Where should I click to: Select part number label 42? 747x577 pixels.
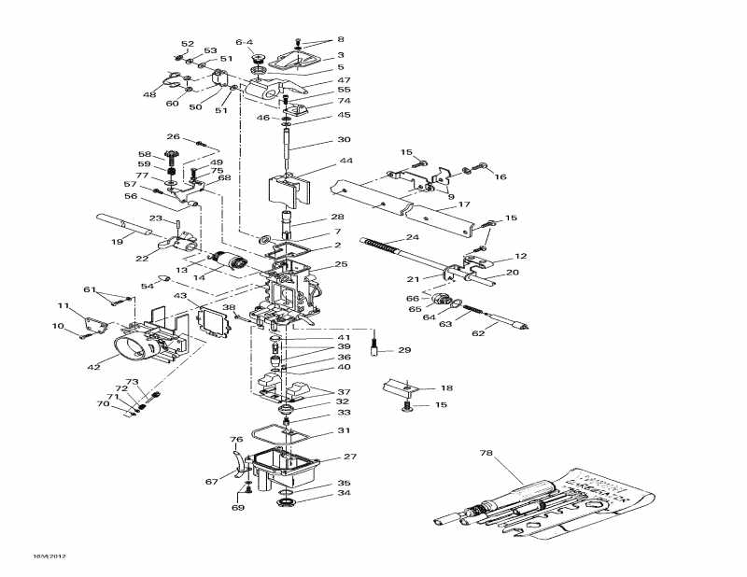pyautogui.click(x=94, y=367)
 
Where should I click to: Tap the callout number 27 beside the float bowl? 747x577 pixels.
pyautogui.click(x=350, y=457)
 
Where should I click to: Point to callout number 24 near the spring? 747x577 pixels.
pyautogui.click(x=412, y=237)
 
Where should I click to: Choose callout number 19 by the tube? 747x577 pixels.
pyautogui.click(x=118, y=243)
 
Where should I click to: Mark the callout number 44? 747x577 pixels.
pyautogui.click(x=320, y=162)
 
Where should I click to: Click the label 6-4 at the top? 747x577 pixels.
pyautogui.click(x=245, y=42)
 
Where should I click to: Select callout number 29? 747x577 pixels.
pyautogui.click(x=404, y=350)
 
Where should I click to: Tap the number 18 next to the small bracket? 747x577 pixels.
pyautogui.click(x=446, y=387)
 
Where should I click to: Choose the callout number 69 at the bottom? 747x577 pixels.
pyautogui.click(x=238, y=507)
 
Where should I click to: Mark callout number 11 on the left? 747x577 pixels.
pyautogui.click(x=63, y=305)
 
